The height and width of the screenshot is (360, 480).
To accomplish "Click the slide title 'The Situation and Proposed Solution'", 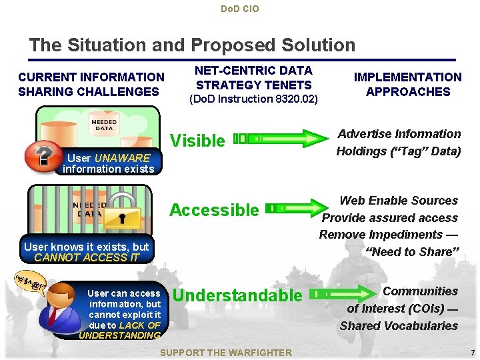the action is [x=192, y=45].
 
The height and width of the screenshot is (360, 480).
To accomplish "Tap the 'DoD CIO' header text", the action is [x=239, y=9].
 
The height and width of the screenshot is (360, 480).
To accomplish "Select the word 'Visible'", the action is [x=197, y=141].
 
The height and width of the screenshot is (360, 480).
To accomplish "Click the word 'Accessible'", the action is [x=214, y=210].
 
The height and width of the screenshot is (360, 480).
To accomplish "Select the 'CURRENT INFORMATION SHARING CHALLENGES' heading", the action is [x=91, y=85].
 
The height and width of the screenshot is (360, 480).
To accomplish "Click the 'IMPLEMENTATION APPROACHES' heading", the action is [x=407, y=85].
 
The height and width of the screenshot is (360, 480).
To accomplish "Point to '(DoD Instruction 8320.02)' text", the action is [x=254, y=99].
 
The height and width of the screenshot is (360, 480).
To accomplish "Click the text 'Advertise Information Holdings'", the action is [x=399, y=142].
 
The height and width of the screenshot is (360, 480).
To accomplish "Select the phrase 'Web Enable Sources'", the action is [x=399, y=201].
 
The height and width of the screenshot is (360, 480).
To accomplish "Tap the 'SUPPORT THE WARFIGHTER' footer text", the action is [x=226, y=352].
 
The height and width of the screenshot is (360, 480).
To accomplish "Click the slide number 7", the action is [x=472, y=352].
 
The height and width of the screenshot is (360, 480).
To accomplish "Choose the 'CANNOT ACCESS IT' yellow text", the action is [x=87, y=257].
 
